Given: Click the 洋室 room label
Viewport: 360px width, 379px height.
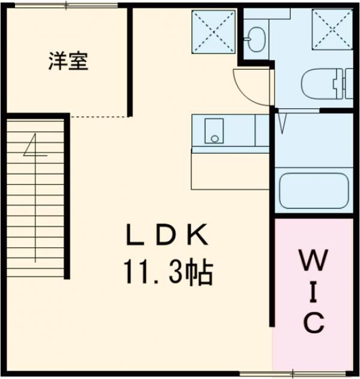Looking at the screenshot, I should click(x=68, y=62).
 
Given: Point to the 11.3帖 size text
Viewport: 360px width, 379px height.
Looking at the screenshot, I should click(x=168, y=274).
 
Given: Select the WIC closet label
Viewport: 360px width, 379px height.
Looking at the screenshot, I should click(x=313, y=293).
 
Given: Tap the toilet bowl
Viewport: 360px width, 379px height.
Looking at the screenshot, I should click(x=317, y=82).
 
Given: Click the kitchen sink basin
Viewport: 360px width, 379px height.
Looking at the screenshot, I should click(x=214, y=131).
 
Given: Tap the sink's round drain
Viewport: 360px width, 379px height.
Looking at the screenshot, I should click(x=214, y=139).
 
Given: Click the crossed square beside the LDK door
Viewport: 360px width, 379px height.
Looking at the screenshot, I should click(x=214, y=31).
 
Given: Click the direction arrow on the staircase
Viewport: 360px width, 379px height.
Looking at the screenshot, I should click(x=34, y=147).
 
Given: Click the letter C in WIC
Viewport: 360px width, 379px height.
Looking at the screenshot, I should click(x=313, y=323).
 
